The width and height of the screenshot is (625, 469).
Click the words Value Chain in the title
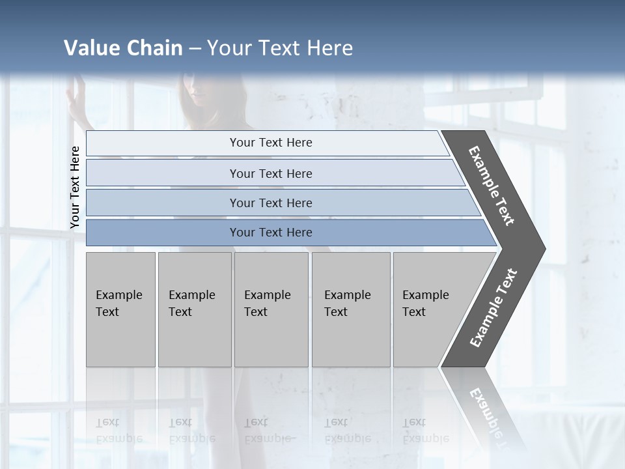[123, 48]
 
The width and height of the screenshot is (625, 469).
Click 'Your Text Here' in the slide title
[280, 48]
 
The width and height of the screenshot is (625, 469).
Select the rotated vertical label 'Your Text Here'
[75, 188]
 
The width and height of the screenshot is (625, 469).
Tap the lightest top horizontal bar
[270, 143]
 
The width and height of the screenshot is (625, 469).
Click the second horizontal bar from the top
[270, 173]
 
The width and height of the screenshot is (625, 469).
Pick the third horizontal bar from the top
[270, 203]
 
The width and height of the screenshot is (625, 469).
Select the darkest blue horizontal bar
[270, 233]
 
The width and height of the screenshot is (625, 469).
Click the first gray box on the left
[120, 309]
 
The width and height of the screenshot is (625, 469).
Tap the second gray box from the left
[194, 309]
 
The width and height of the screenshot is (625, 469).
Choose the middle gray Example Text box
[271, 309]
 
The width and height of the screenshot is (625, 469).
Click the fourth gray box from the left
[350, 309]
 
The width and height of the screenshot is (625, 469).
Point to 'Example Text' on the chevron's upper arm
[492, 186]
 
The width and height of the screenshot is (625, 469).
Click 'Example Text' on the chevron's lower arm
[493, 308]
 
